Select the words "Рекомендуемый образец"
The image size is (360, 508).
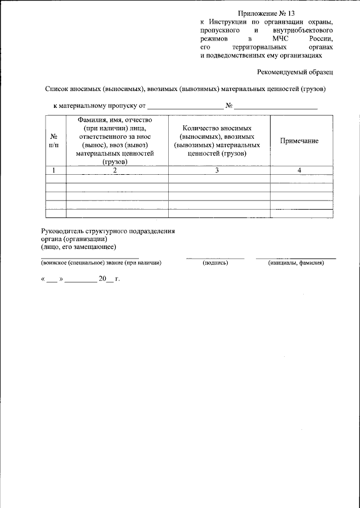pyautogui.click(x=295, y=72)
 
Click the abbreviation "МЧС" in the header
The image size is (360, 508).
pyautogui.click(x=280, y=38)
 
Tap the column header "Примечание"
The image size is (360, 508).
pyautogui.click(x=299, y=141)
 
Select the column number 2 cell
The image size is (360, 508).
pyautogui.click(x=116, y=170)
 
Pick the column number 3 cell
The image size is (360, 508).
pyautogui.click(x=217, y=170)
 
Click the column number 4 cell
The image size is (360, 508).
pyautogui.click(x=299, y=170)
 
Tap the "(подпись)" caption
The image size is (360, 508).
pyautogui.click(x=215, y=262)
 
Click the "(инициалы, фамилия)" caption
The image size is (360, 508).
pyautogui.click(x=296, y=262)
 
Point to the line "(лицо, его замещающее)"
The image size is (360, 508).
pyautogui.click(x=78, y=247)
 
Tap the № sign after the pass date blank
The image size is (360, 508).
pyautogui.click(x=229, y=105)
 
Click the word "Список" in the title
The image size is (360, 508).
pyautogui.click(x=57, y=89)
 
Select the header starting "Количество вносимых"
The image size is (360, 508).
pyautogui.click(x=217, y=140)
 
